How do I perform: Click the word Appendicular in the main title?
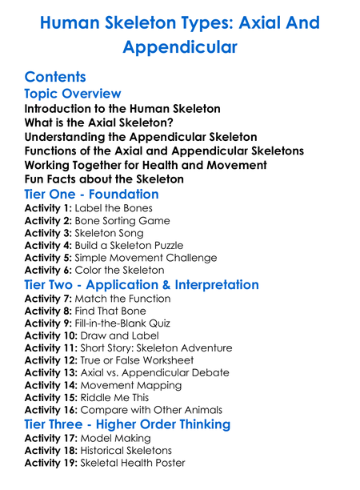click(180, 47)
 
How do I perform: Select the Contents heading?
click(54, 77)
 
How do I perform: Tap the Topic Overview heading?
click(73, 94)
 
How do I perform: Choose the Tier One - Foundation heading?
click(91, 195)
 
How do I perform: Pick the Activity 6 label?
click(47, 271)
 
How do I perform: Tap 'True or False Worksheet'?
click(145, 361)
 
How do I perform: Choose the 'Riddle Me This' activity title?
click(122, 398)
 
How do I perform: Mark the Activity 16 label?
click(50, 411)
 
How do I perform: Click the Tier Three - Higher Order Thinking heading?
click(126, 424)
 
